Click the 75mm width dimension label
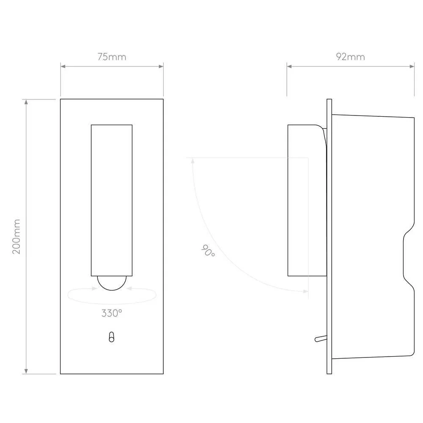point(112,57)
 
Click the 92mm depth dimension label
point(350,57)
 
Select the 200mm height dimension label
point(16,236)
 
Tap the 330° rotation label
point(112,313)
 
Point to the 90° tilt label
point(208,250)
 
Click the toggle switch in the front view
point(111,337)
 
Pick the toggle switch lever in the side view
point(321,338)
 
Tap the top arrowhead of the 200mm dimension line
point(26,102)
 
